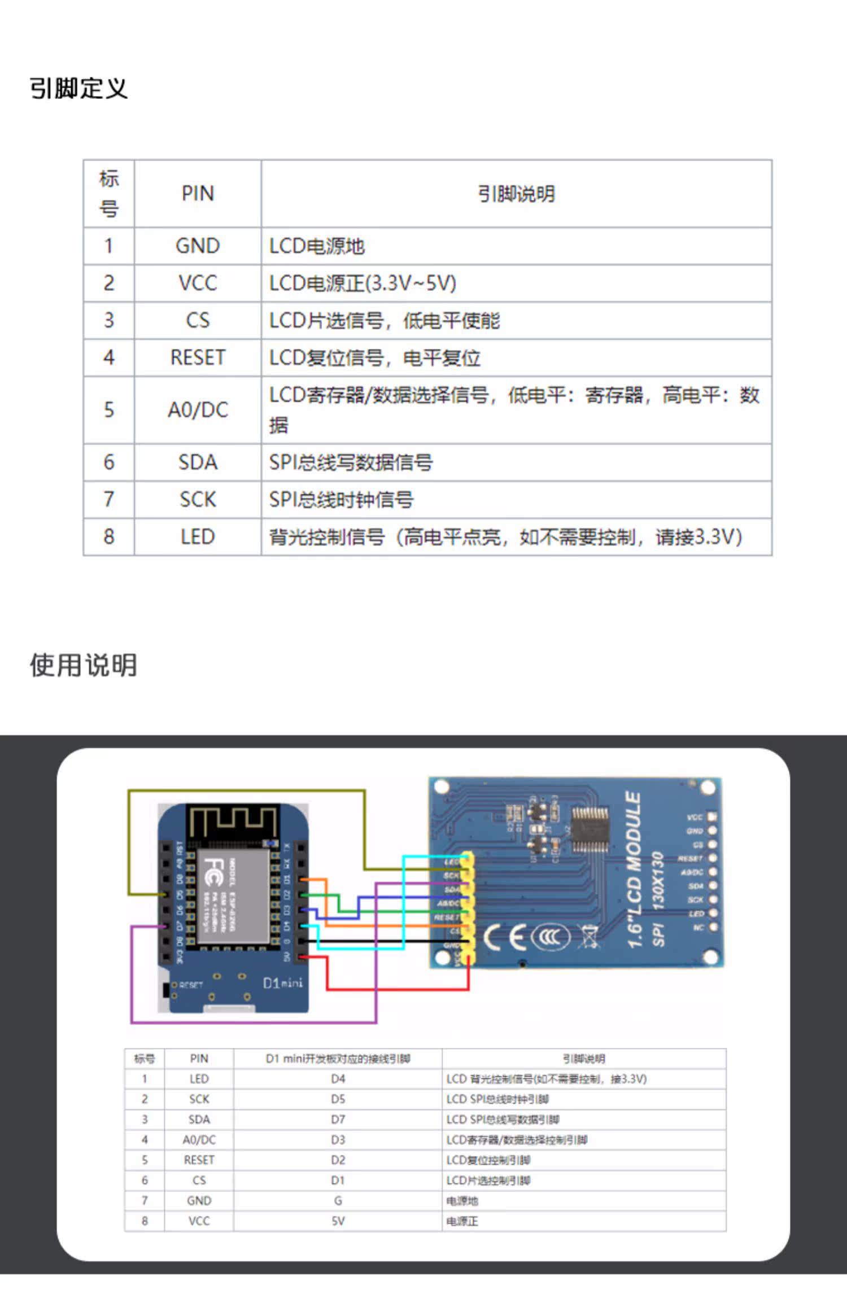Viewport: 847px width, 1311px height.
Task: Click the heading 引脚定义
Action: (78, 89)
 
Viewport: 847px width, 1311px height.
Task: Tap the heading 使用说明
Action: (84, 665)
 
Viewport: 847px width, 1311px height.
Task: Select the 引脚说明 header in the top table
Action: (516, 194)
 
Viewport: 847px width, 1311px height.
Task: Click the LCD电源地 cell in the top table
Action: (317, 246)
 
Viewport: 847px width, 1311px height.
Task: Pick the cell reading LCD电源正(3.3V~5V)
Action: (363, 283)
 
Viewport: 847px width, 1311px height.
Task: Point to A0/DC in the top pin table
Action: (198, 410)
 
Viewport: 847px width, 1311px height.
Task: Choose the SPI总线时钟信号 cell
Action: (341, 500)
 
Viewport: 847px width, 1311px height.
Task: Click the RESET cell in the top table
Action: (198, 357)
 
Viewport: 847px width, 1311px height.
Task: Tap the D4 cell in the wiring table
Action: (338, 1079)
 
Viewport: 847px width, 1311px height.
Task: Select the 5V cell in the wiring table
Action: (338, 1221)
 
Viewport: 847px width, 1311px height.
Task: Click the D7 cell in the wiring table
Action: (338, 1120)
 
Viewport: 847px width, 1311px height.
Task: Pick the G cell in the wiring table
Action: (338, 1201)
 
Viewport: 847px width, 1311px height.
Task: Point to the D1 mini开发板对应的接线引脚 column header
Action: (338, 1059)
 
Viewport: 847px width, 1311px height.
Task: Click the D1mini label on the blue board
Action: (282, 983)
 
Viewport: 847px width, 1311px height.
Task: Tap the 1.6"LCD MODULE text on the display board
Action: (634, 869)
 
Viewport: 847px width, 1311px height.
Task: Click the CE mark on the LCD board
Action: (506, 937)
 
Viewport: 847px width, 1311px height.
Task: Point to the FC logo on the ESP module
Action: (214, 872)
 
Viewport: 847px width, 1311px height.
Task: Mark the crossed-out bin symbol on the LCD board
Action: (588, 937)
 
